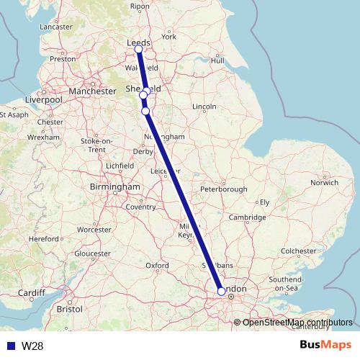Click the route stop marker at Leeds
pos(138,49)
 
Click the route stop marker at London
pos(221,292)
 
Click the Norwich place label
pos(323,183)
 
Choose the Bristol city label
pos(69,308)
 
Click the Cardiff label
pos(31,293)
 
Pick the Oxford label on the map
pos(157,265)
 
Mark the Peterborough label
pos(224,189)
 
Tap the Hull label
pos(218,60)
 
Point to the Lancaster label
pos(58,27)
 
